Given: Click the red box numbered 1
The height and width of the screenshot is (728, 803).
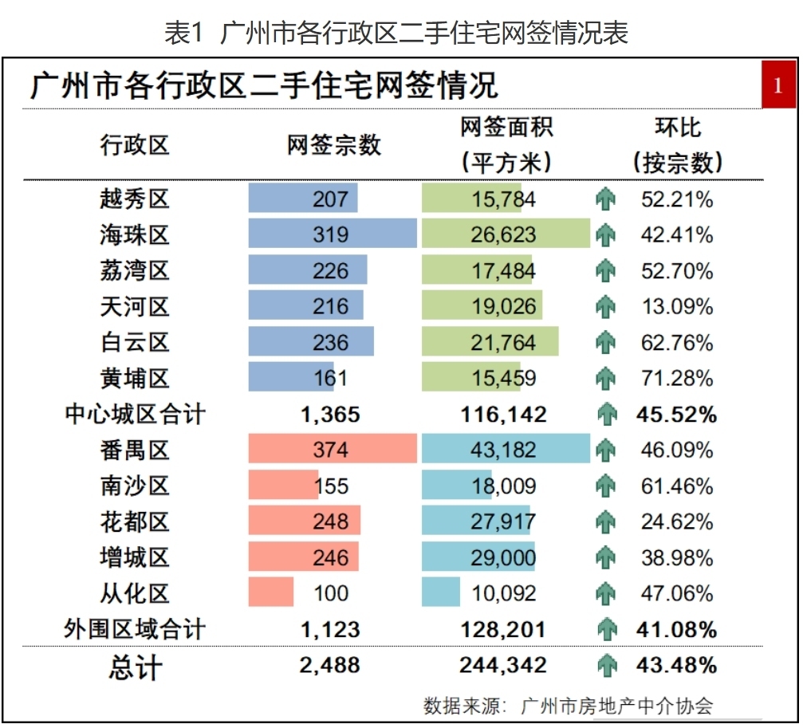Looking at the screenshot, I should (x=777, y=85).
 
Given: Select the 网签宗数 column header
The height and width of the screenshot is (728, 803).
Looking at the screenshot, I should (x=334, y=145).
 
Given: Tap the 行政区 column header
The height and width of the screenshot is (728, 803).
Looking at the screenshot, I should (x=135, y=145).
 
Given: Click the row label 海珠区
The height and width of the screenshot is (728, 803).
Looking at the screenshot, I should (x=135, y=234).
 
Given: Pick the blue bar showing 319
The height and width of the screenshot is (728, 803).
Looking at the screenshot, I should (x=333, y=234).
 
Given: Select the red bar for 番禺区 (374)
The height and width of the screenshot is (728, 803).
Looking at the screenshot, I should (x=333, y=450).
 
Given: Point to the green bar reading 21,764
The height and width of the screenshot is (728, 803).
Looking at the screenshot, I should (x=490, y=342).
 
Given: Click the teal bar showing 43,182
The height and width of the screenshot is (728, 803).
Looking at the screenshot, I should (x=506, y=450).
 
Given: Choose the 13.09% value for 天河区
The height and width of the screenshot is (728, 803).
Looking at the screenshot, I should (x=677, y=306).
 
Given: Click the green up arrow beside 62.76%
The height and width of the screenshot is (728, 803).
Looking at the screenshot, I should (x=607, y=342).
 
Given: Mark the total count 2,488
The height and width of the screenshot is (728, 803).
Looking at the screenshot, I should (x=330, y=665).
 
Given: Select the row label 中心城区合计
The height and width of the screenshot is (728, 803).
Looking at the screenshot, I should (x=135, y=415).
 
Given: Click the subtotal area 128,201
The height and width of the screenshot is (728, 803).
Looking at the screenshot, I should (x=503, y=630).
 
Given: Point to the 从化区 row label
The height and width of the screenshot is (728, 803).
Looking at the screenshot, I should (x=135, y=593).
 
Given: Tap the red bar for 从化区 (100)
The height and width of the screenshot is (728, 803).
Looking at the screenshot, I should (x=271, y=593).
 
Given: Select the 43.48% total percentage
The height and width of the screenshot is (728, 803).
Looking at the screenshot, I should (x=677, y=665).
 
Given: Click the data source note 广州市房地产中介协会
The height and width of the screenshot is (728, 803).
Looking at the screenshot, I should (x=616, y=706).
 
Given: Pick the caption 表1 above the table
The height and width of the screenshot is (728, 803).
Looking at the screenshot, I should (x=185, y=33).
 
